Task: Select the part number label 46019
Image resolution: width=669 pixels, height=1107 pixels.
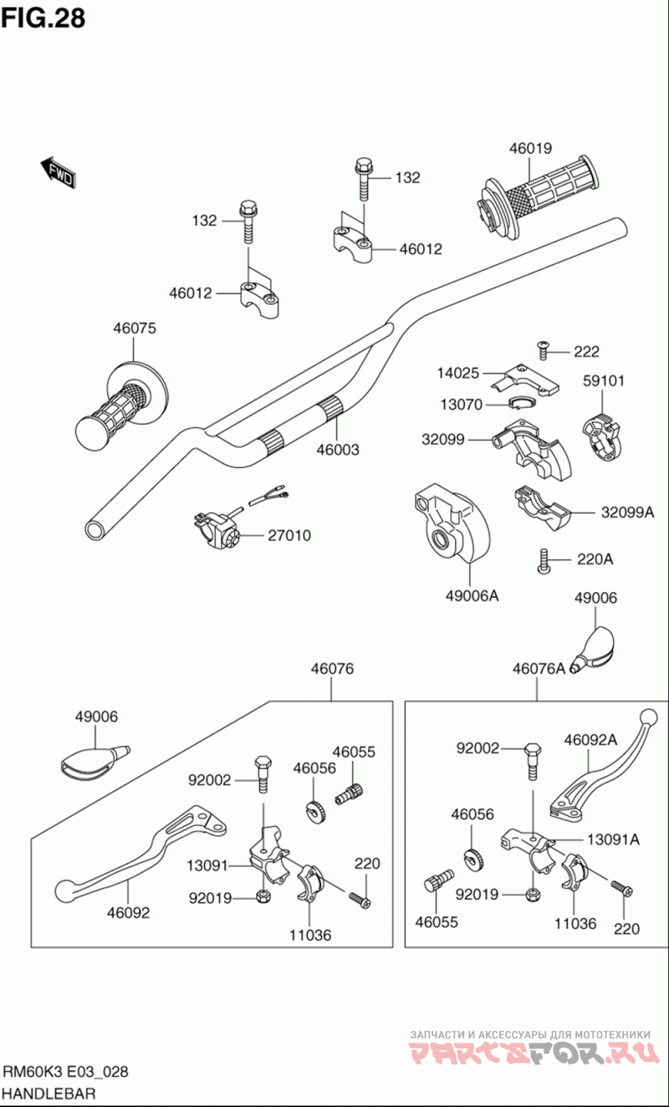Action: click(x=530, y=149)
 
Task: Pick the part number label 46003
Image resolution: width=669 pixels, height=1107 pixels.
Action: click(x=338, y=450)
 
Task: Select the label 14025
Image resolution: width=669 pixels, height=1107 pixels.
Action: click(x=458, y=372)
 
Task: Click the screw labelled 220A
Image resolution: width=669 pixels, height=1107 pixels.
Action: click(x=544, y=561)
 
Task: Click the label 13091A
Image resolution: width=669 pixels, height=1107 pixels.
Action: click(x=612, y=839)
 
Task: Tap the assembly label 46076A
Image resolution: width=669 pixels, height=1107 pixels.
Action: click(x=539, y=668)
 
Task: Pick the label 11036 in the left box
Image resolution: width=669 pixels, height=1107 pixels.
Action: click(x=309, y=935)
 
